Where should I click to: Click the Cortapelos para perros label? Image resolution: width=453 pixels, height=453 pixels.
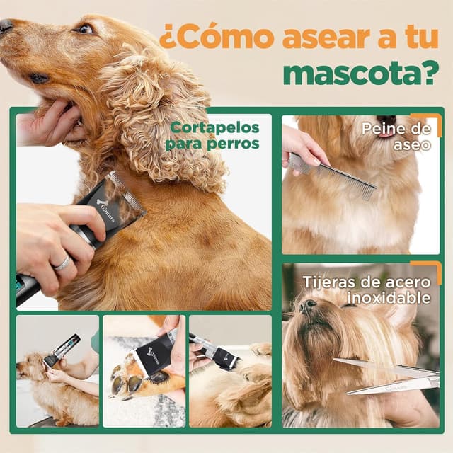(x=213, y=135)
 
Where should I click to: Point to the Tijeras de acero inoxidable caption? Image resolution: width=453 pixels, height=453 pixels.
(x=367, y=289)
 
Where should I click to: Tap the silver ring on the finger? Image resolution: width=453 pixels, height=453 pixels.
(x=62, y=263)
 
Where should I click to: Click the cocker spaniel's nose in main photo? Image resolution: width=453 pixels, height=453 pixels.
(x=6, y=27)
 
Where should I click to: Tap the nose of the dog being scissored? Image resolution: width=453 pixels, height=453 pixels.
(x=308, y=306)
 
